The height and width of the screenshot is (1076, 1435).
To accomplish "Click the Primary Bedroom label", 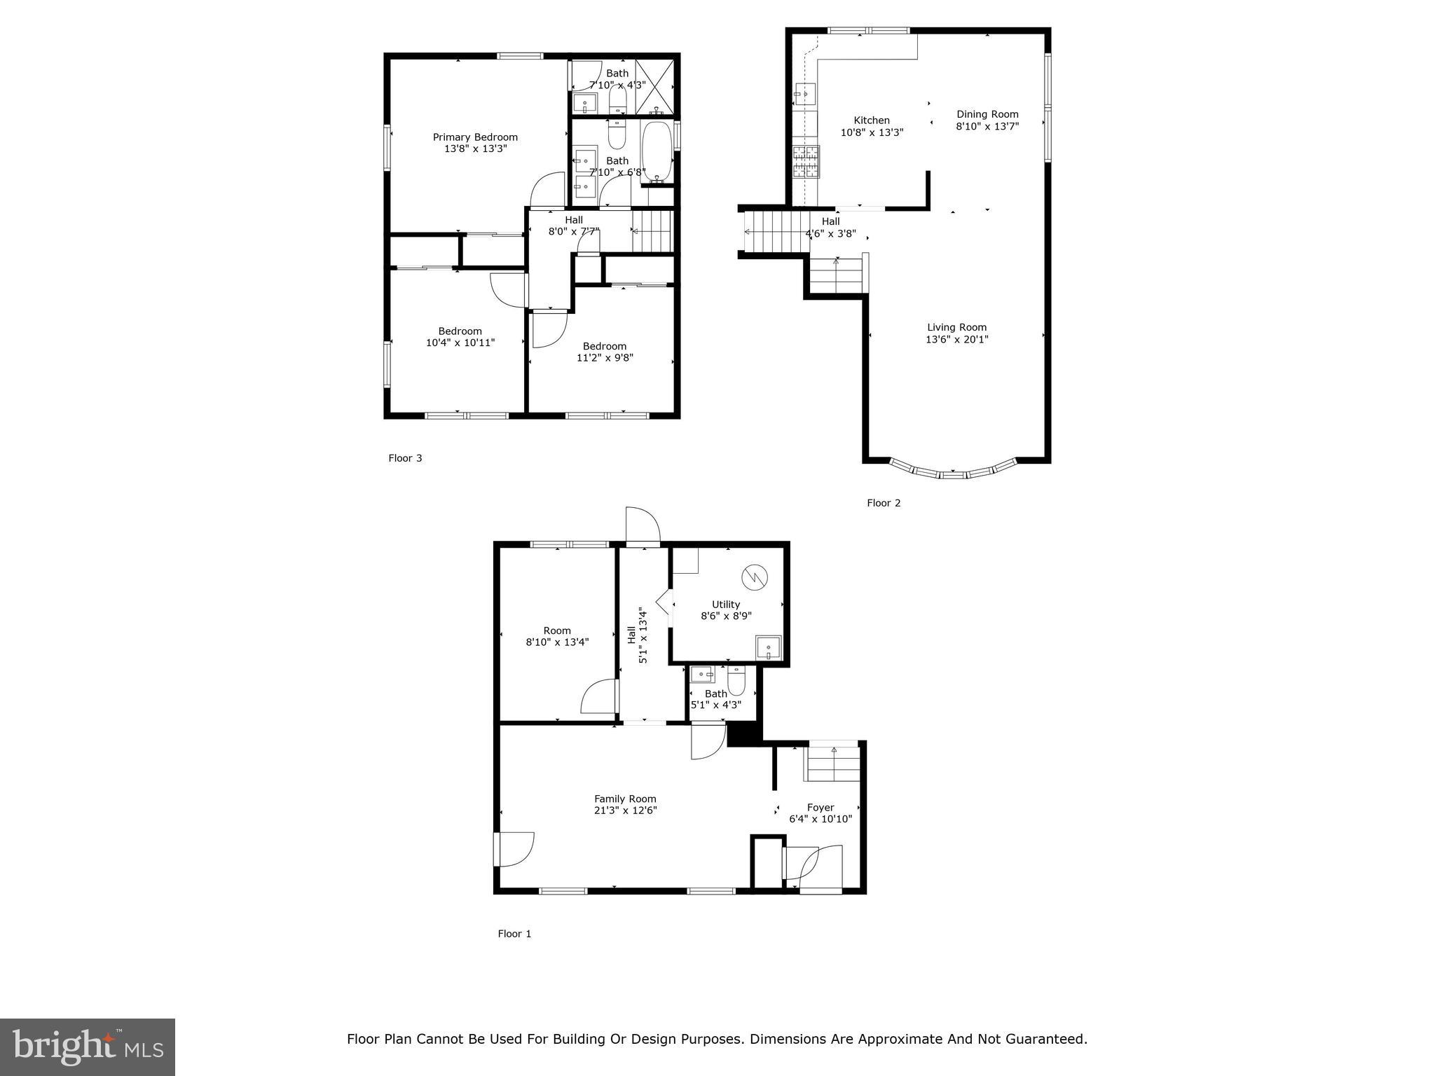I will coord(474,137).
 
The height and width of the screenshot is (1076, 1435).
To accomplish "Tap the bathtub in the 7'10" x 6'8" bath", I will coord(657,152).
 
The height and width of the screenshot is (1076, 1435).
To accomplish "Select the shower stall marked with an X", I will coord(654,87).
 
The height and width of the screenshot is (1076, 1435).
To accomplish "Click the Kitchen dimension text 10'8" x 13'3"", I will coord(872,132).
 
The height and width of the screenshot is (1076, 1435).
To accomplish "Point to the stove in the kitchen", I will coord(806,162).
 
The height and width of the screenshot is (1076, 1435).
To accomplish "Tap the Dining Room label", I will coord(987,114).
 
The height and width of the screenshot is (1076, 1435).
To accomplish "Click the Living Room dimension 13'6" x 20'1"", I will coord(956,340).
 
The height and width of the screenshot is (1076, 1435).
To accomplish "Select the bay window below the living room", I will coord(952,471).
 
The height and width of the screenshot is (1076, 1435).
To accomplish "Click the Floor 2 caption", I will coord(884,503).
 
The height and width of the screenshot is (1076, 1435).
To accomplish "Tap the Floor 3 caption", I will coord(405,458).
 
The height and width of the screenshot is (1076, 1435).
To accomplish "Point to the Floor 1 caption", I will coord(514,934).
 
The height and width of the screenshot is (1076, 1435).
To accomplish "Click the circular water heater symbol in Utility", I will coord(755,577).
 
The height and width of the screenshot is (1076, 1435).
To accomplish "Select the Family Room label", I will coord(625,799).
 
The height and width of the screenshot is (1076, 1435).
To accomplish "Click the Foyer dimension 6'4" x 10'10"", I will coord(820,819).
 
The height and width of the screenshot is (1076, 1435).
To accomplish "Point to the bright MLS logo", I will coord(88,1047).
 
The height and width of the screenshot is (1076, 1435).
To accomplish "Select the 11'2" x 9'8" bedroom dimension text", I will coord(604,358).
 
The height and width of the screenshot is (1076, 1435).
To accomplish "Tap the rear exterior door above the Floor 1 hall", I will coord(643,525).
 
